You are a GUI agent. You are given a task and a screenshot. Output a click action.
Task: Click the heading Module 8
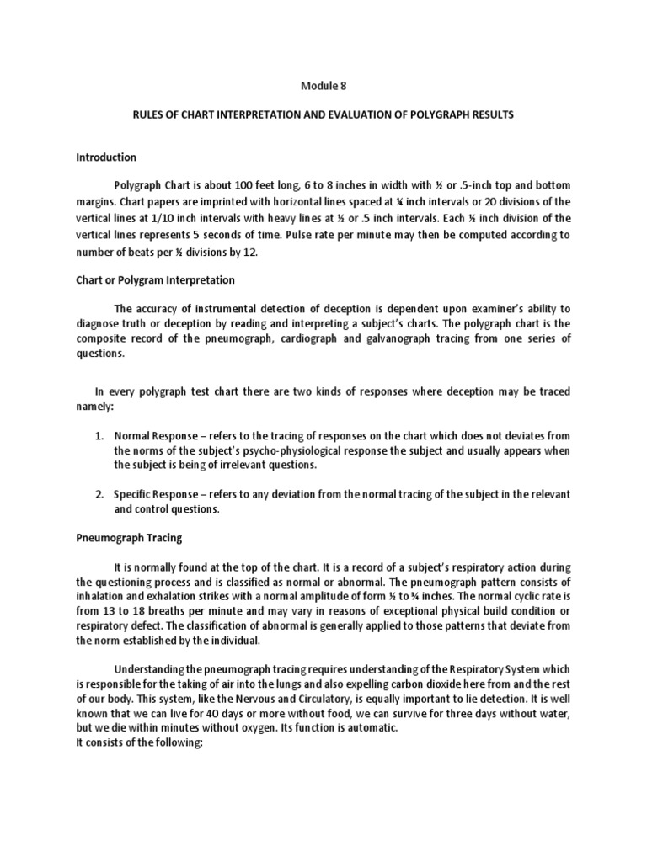point(323,85)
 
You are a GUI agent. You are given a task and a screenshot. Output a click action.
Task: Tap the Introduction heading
point(106,157)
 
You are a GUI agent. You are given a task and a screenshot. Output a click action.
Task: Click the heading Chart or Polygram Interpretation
point(155,279)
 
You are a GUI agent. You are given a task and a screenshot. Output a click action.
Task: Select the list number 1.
point(99,436)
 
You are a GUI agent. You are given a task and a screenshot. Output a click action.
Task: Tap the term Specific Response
point(157,494)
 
